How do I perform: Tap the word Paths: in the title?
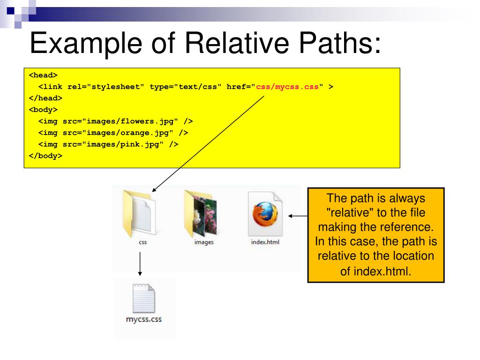pos(345,44)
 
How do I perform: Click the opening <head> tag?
pos(43,75)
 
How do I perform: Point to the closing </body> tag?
pos(45,156)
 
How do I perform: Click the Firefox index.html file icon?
pos(265,213)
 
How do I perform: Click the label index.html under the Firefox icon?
pos(265,242)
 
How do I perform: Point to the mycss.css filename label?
pos(143,320)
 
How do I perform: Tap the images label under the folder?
pos(203,242)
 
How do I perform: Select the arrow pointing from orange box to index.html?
pos(298,216)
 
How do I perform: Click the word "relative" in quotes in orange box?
pos(347,212)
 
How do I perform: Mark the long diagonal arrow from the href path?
pos(209,143)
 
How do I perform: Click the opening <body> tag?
pos(43,110)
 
